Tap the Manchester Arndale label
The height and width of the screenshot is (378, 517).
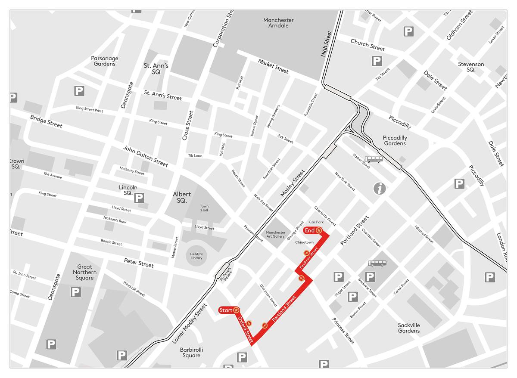[x=278, y=23]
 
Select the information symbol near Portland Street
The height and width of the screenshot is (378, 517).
[x=380, y=189]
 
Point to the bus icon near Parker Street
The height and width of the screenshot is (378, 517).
[x=374, y=159]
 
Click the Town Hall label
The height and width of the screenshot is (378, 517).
[x=204, y=209]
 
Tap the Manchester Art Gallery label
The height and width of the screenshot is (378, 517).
[x=275, y=235]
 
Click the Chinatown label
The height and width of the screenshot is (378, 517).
[x=304, y=242]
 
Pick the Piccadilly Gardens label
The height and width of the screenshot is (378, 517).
[x=395, y=141]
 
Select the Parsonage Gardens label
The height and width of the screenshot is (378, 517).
[x=105, y=61]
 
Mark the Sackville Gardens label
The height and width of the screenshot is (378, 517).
[x=409, y=328]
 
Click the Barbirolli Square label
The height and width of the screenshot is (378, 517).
[x=191, y=353]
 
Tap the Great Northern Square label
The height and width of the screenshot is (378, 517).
[x=84, y=272]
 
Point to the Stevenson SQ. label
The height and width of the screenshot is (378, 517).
[x=471, y=67]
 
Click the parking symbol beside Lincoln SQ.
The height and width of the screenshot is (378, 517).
[x=139, y=198]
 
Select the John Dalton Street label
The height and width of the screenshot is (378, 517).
[x=146, y=156]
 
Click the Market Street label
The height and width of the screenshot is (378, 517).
[x=273, y=66]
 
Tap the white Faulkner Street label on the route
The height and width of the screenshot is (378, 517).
[x=308, y=259]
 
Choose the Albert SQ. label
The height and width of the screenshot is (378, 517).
[x=182, y=197]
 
